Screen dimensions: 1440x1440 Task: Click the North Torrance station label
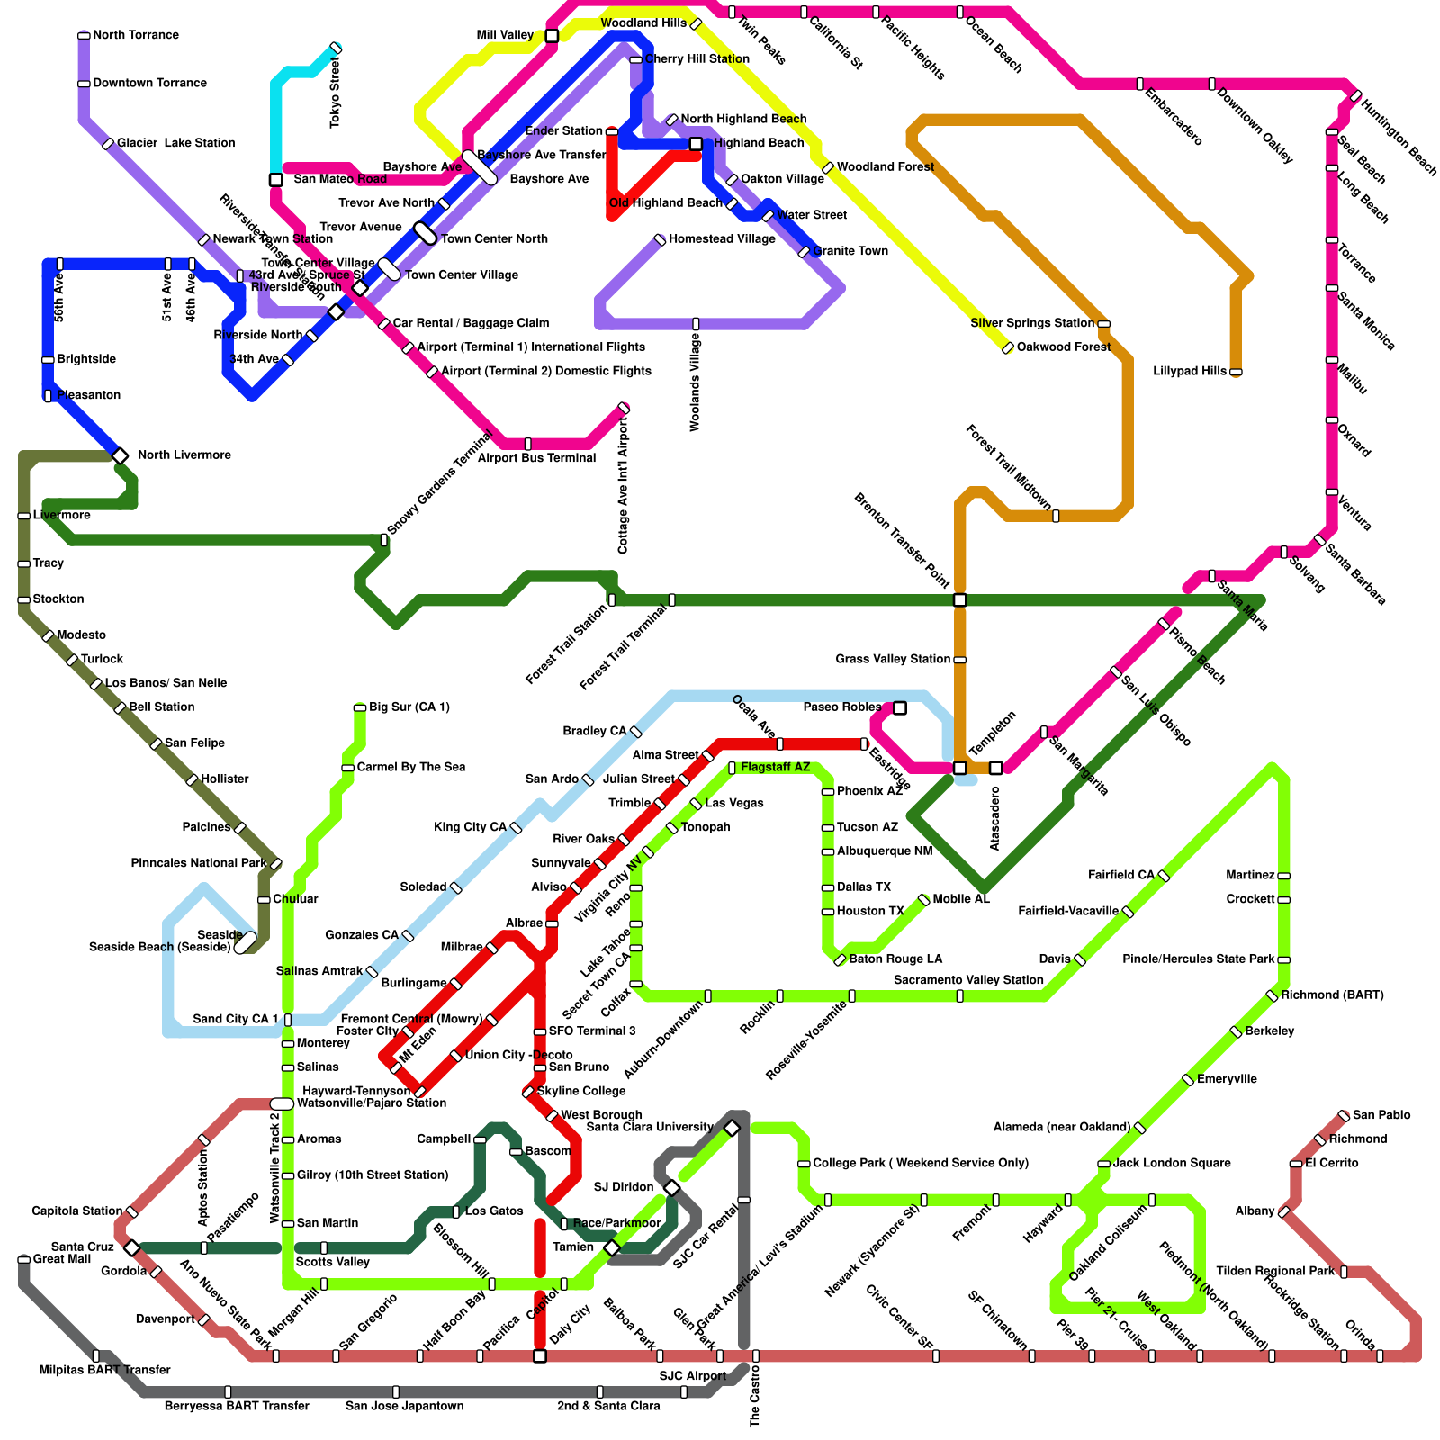136,35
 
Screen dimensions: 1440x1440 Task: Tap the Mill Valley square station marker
552,36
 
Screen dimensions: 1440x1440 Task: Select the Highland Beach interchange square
696,144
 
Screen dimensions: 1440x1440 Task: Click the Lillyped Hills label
1190,371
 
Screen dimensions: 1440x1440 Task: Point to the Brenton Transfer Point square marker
960,599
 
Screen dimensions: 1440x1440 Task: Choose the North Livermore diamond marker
120,456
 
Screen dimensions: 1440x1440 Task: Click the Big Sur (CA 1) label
409,707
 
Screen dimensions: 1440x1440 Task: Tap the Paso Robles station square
900,708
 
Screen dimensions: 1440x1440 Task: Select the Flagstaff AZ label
775,767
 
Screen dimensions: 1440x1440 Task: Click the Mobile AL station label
961,899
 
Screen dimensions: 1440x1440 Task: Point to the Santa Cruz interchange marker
132,1247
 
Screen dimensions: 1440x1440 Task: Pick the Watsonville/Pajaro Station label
371,1103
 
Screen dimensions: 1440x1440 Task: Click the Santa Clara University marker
732,1129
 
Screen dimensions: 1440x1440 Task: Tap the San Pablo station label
1381,1115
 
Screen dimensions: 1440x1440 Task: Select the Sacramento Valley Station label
968,980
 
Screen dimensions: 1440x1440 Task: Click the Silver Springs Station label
1032,323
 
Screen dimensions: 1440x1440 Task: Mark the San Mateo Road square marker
276,180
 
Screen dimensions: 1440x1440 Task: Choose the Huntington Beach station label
1398,137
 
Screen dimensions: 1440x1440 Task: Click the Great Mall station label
61,1259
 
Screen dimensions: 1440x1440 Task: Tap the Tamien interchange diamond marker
612,1248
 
